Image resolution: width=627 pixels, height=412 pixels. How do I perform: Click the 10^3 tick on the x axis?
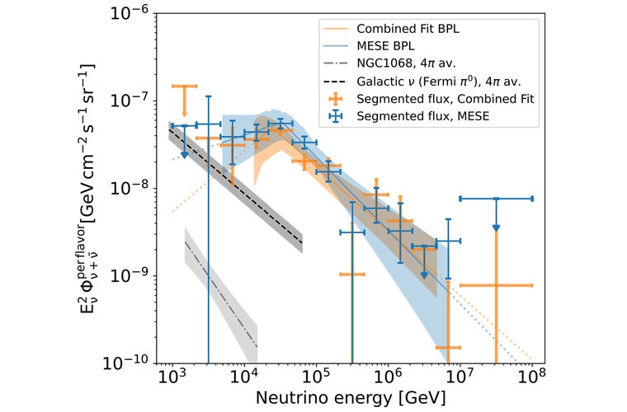171,378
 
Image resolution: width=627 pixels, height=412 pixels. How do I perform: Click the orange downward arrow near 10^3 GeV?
185,110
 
